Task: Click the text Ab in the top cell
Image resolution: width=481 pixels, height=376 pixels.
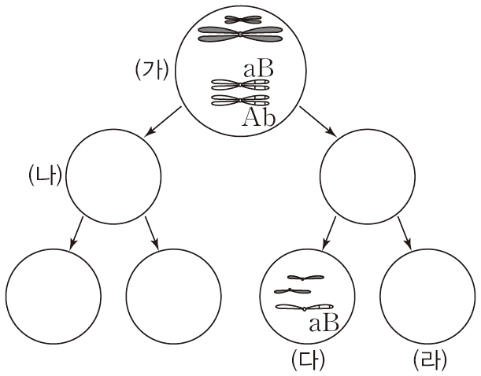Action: [x=257, y=116]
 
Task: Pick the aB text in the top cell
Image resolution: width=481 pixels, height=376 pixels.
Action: [x=259, y=69]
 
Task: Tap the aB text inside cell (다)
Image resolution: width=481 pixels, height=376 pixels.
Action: [x=324, y=322]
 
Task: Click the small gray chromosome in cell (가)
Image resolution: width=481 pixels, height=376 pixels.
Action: [x=240, y=19]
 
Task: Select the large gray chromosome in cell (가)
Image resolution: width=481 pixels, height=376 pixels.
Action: [x=239, y=34]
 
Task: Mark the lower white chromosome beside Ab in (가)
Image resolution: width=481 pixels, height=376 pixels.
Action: [x=239, y=100]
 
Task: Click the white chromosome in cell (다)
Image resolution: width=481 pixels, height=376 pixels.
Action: [x=304, y=308]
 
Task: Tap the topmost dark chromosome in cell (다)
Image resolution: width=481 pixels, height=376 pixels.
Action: [x=304, y=278]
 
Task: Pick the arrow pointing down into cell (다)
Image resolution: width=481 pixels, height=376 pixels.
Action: [x=327, y=230]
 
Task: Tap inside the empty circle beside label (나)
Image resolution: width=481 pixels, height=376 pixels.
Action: [x=113, y=175]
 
